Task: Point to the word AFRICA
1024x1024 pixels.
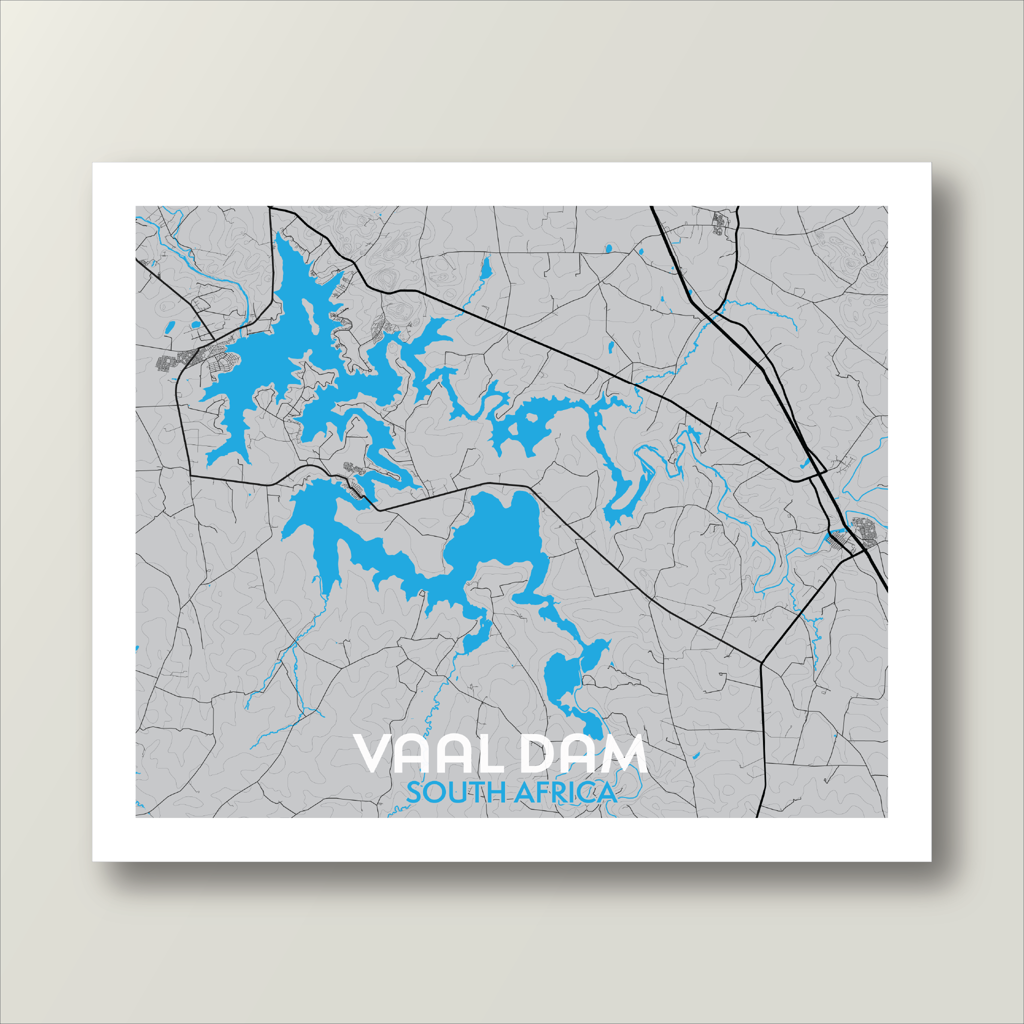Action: (565, 793)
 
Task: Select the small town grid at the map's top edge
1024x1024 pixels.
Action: (719, 222)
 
